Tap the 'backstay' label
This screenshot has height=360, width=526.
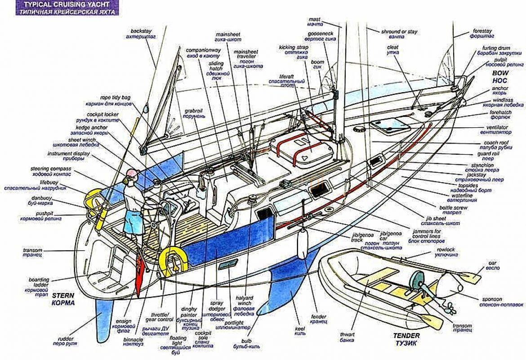[x=141, y=31]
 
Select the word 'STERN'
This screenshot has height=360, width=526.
[x=63, y=296]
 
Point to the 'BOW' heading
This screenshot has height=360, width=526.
[x=499, y=73]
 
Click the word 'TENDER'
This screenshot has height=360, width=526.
[x=406, y=336]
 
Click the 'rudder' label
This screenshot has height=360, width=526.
[x=66, y=338]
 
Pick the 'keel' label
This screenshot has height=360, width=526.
[x=300, y=328]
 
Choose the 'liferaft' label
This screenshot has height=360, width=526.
[x=286, y=77]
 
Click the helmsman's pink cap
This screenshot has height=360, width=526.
[x=131, y=172]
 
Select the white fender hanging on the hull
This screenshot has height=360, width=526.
[x=302, y=243]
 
